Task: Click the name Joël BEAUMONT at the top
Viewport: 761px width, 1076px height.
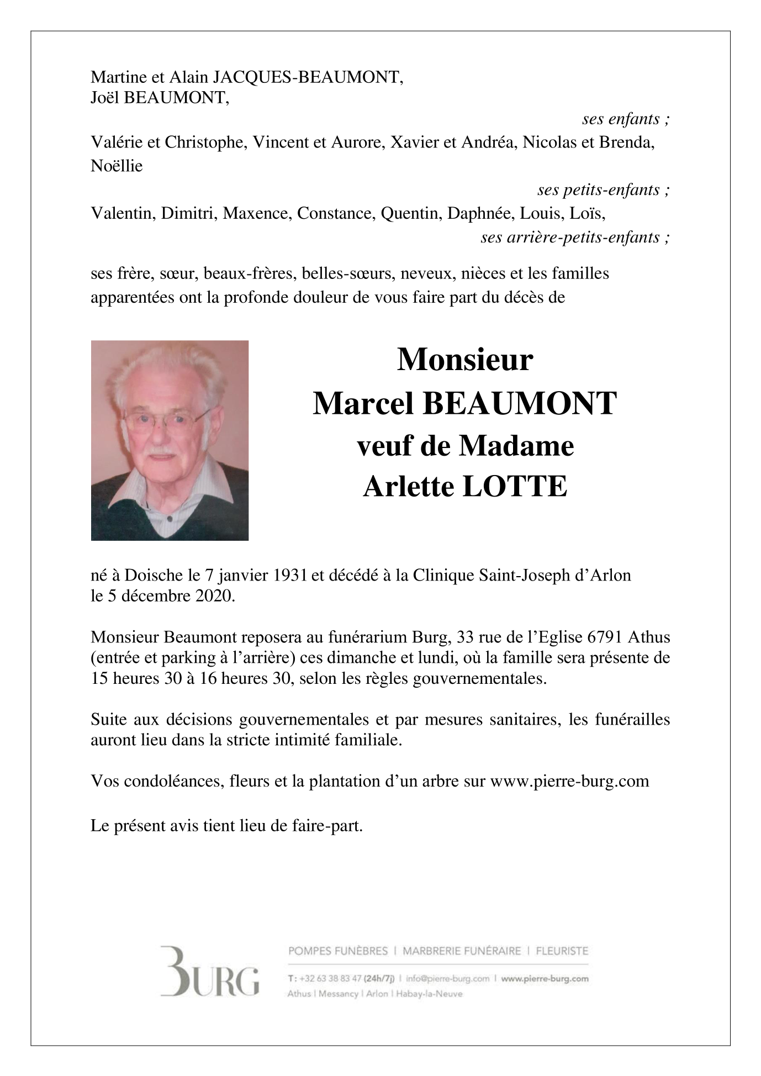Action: click(x=159, y=98)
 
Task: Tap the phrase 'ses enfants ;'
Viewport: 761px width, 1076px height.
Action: click(x=626, y=119)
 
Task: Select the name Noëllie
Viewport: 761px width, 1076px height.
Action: click(x=117, y=166)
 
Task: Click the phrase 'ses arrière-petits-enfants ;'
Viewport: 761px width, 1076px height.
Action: click(x=575, y=237)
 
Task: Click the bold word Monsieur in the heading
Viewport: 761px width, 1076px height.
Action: click(x=465, y=360)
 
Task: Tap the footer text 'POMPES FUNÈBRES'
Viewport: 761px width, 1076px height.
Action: click(x=338, y=951)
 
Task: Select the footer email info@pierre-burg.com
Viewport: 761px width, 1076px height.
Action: click(x=447, y=978)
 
